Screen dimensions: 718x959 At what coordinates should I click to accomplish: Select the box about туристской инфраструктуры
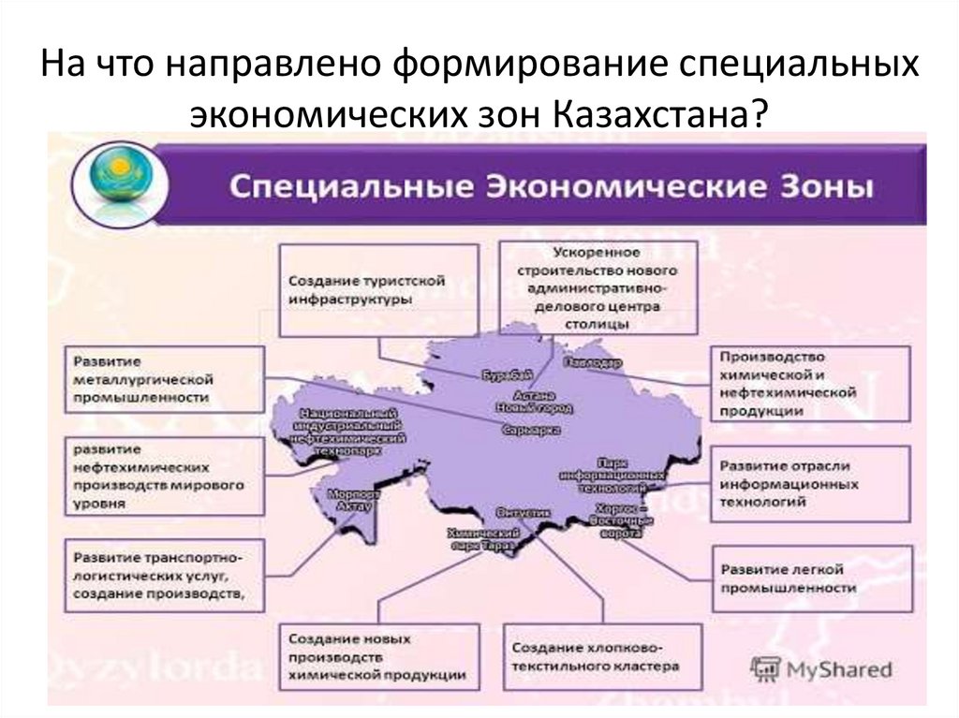point(379,289)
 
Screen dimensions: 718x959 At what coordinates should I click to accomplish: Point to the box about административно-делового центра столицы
point(597,287)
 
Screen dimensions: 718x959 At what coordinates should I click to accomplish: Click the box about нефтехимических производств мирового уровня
point(163,476)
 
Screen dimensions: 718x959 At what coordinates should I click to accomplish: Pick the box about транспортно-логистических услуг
point(163,575)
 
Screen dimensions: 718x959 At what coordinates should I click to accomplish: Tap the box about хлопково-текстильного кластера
point(602,657)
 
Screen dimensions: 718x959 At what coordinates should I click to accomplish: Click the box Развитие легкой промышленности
point(809,578)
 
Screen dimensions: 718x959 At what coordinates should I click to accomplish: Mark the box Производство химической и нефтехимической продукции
point(809,383)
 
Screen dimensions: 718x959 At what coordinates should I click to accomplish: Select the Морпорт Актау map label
point(352,499)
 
